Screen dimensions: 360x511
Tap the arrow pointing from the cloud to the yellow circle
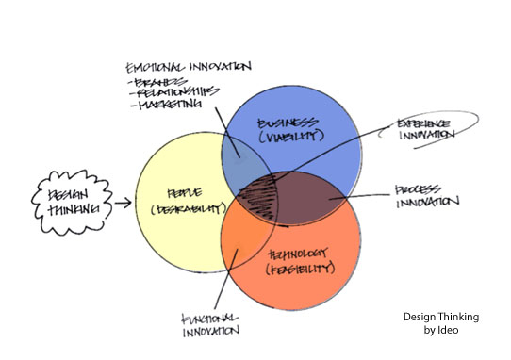pos(121,201)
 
